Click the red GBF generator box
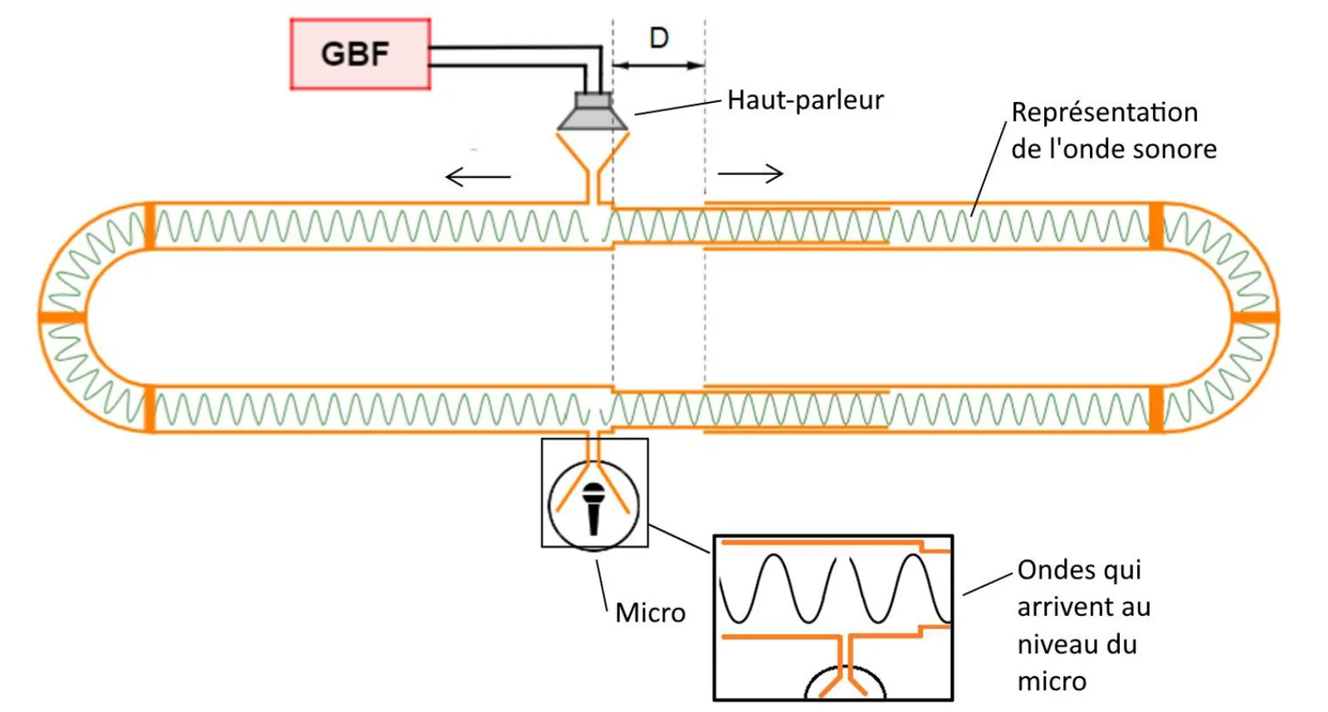[x=360, y=54]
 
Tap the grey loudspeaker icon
[x=593, y=111]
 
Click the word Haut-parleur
[x=805, y=100]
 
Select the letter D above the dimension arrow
[x=659, y=38]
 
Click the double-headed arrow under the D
[x=659, y=66]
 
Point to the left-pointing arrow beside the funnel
[x=478, y=177]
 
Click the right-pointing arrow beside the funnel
[x=750, y=173]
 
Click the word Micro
[x=651, y=613]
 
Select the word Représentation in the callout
[x=1105, y=113]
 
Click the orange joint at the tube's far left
[x=62, y=317]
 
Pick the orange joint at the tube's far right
[x=1255, y=318]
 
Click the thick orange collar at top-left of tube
[x=150, y=226]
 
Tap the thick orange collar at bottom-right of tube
[x=1156, y=409]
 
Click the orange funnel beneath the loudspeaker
[x=593, y=169]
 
